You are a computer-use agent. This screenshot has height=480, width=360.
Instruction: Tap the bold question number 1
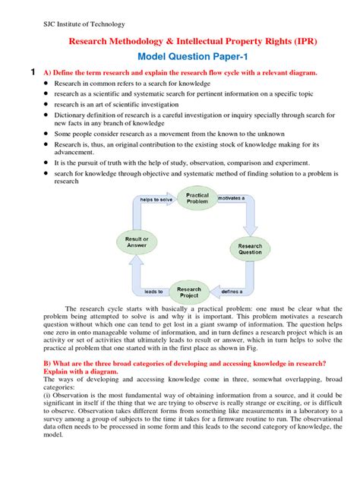[x=32, y=72]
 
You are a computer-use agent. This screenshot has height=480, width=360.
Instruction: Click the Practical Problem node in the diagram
[x=197, y=200]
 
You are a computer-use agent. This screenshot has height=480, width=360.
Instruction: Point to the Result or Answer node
[x=136, y=242]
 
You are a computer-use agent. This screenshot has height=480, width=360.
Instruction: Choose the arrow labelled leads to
[x=154, y=291]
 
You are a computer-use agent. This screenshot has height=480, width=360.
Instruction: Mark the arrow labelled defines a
[x=232, y=291]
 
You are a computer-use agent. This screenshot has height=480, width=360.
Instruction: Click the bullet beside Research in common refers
[x=46, y=84]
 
